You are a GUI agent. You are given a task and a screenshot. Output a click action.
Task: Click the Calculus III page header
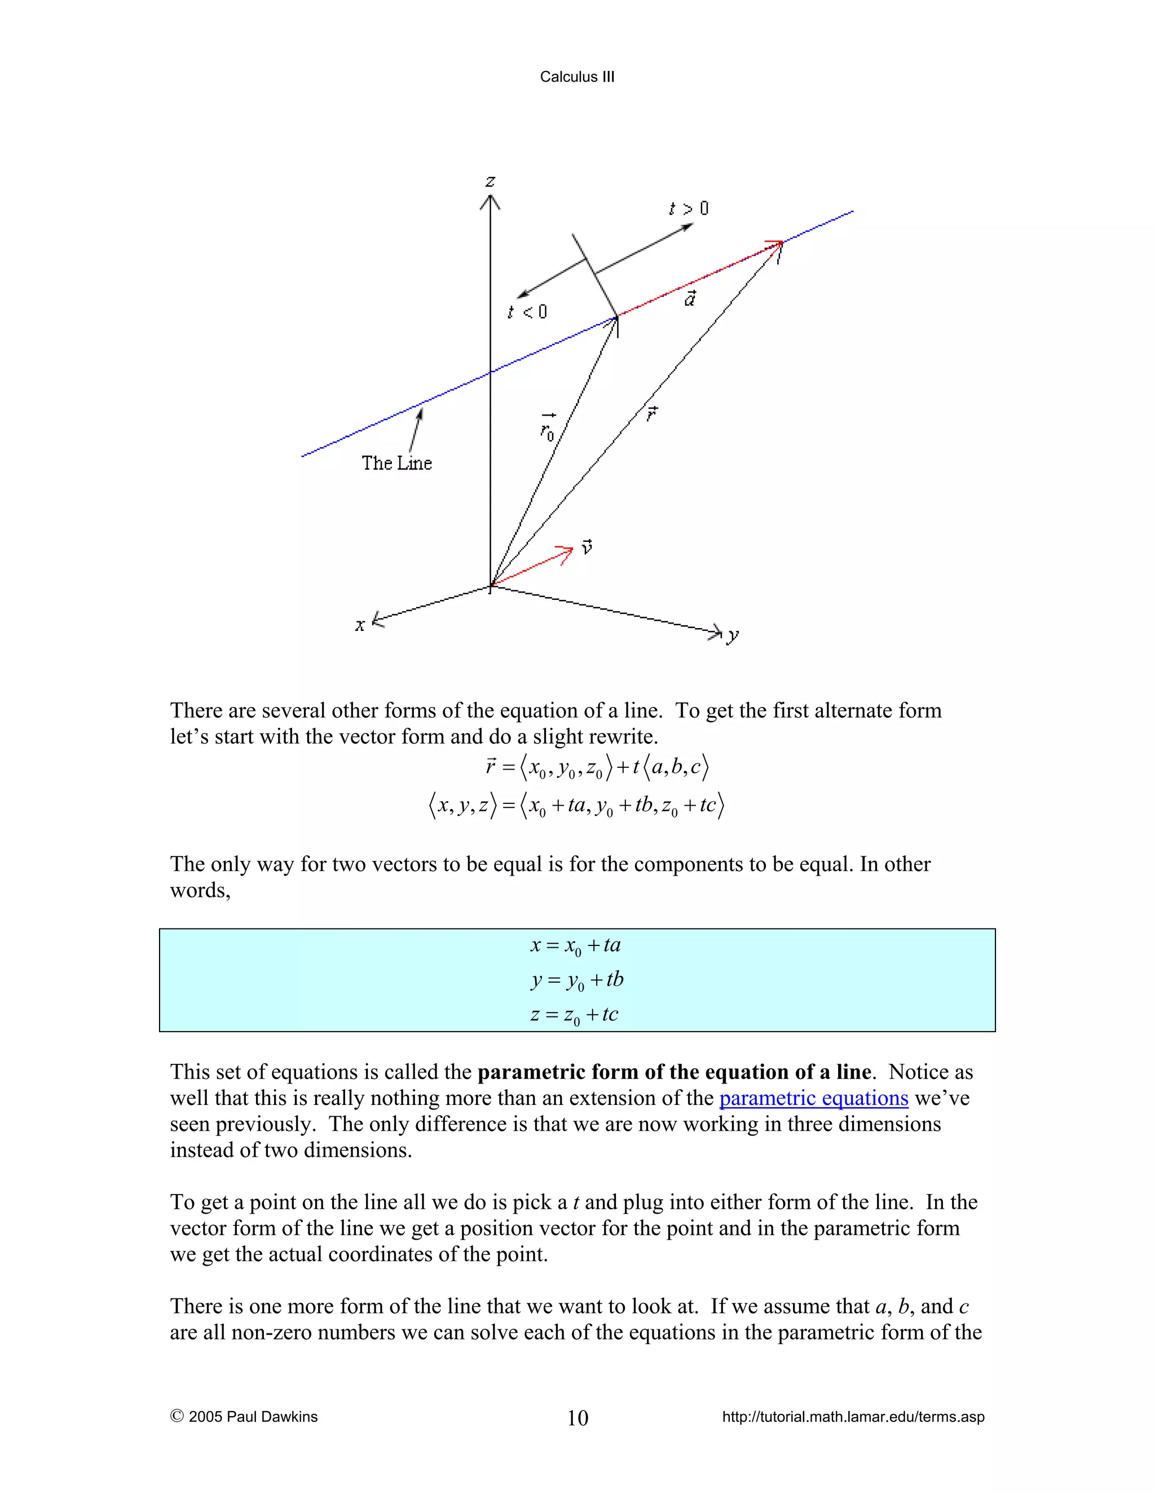577,77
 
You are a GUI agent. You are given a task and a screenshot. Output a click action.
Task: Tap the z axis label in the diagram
490,182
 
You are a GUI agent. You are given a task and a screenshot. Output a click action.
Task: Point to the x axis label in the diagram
360,625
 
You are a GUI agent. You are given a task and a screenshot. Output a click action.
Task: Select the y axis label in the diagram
733,635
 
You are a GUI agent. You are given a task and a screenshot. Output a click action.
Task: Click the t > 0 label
689,208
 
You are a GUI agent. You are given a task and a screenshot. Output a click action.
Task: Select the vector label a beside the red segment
690,299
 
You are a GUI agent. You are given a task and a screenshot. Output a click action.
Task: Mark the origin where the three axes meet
491,586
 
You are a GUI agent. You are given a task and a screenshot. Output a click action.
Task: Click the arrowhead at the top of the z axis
490,201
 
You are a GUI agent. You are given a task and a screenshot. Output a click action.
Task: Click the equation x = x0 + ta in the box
575,946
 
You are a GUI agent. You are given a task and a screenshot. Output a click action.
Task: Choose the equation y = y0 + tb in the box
577,980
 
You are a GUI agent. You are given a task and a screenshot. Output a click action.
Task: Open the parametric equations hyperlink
814,1098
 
